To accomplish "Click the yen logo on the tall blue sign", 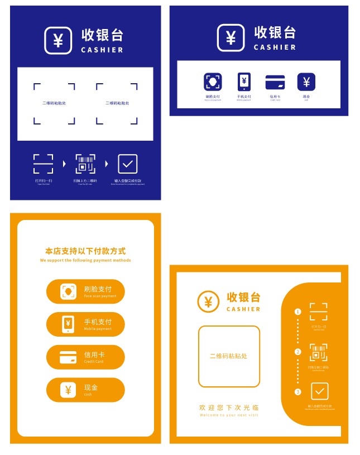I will tap(58, 40).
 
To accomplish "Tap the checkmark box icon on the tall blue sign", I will tap(128, 164).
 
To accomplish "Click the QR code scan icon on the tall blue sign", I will tap(85, 164).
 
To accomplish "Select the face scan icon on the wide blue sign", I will tap(213, 82).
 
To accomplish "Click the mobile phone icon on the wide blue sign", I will tap(244, 82).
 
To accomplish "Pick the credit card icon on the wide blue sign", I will tap(275, 82).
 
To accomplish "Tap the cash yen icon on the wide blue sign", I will tap(306, 82).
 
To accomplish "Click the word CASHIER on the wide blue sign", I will tap(275, 47).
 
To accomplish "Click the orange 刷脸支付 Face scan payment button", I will tap(85, 291).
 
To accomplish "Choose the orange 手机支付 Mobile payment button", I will tap(85, 324).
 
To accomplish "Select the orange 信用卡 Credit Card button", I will tap(85, 357).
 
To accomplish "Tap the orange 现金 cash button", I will tap(85, 390).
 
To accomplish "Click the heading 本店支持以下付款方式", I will tap(85, 251).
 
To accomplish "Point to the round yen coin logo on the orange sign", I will tap(208, 302).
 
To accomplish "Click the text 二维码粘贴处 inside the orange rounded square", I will tap(228, 356).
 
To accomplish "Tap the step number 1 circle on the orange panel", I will tap(298, 312).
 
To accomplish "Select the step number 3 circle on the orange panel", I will tap(298, 392).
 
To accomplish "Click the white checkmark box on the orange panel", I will tap(319, 391).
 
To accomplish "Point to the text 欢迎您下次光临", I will tap(229, 408).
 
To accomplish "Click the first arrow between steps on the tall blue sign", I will tap(64, 164).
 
